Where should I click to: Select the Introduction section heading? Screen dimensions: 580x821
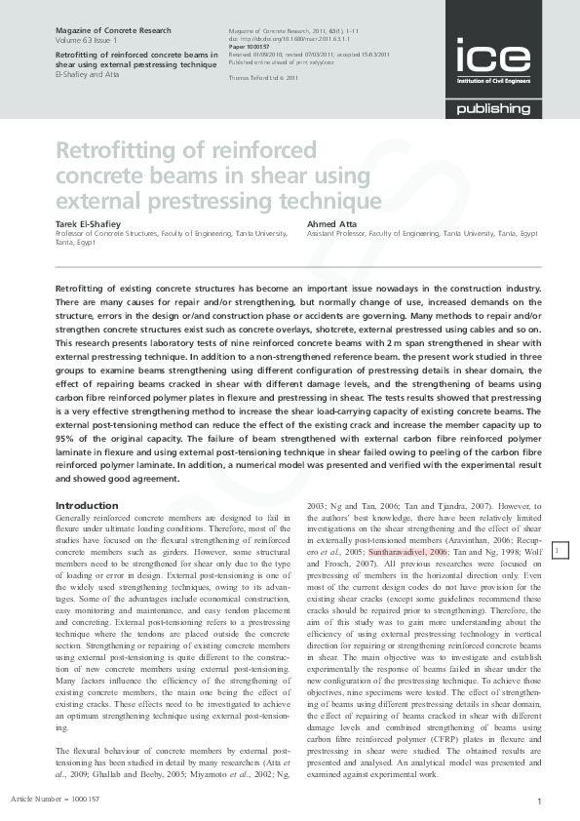tap(87, 506)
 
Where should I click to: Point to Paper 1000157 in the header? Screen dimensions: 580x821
tap(248, 45)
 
